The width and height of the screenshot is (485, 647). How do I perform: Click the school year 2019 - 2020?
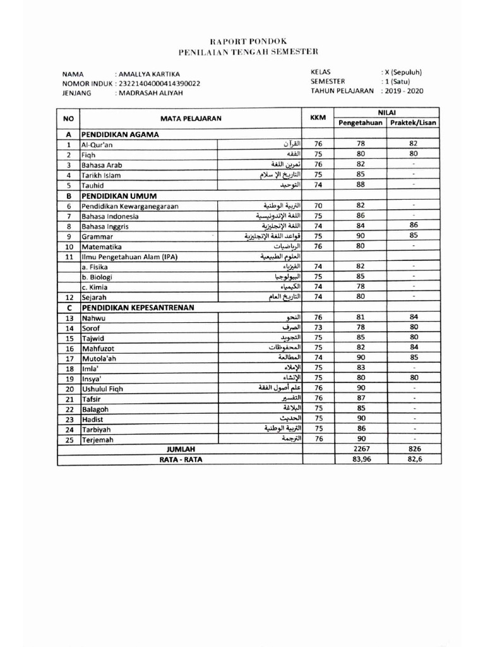[x=404, y=91]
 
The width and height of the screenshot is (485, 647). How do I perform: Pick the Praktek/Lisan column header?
[x=413, y=123]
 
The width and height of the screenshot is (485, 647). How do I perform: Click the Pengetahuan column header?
[x=361, y=123]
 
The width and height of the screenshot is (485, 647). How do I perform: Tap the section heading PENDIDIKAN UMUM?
[x=117, y=195]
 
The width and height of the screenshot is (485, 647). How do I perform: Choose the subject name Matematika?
[x=100, y=246]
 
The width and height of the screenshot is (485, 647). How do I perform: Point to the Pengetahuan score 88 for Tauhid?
[x=361, y=185]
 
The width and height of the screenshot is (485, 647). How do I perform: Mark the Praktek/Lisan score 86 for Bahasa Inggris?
[x=413, y=226]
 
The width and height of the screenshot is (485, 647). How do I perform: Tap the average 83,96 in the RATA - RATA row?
[x=361, y=460]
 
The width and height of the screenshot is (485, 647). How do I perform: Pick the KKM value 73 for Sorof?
[x=318, y=328]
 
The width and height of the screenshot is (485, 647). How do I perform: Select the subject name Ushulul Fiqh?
[x=102, y=389]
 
